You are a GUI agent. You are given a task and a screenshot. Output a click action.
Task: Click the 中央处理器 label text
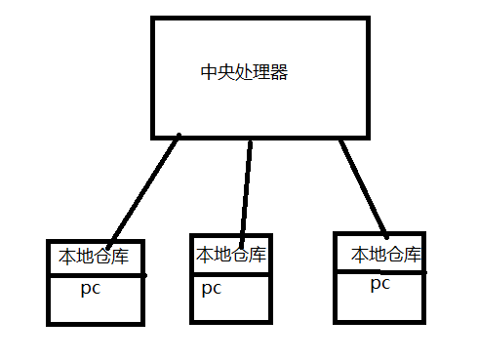(x=244, y=72)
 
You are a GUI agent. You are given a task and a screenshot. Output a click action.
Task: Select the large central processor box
(x=260, y=107)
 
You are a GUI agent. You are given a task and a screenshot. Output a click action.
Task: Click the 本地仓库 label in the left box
(x=94, y=257)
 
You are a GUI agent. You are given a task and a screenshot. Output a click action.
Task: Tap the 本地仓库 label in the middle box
(x=231, y=255)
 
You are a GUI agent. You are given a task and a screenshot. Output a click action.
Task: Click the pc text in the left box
(x=91, y=289)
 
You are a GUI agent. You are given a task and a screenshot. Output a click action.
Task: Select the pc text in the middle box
(x=212, y=288)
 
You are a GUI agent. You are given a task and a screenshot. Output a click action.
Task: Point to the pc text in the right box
(x=380, y=284)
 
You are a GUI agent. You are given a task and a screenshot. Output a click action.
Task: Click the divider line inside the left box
(x=95, y=275)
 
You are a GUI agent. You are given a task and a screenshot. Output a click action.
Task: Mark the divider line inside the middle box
(x=231, y=274)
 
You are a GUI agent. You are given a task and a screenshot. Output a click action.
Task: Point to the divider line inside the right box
(x=380, y=272)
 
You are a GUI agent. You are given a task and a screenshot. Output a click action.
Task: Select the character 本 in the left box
(x=67, y=257)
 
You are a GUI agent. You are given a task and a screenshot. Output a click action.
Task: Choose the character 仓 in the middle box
(x=240, y=255)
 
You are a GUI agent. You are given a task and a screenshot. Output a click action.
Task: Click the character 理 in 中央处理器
(x=261, y=72)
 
